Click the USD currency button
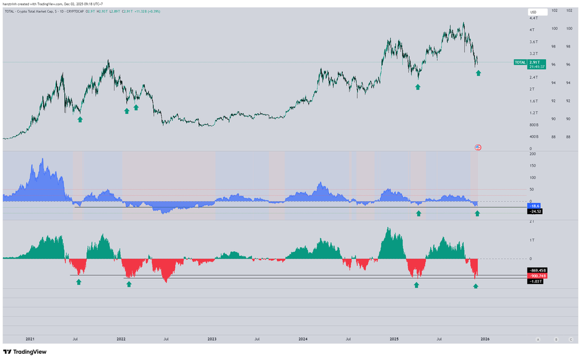533,12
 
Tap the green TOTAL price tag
520,62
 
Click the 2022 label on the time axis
121,340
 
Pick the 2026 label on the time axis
484,340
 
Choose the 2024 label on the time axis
303,340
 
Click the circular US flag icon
478,148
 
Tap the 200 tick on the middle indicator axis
532,153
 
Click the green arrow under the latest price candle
479,73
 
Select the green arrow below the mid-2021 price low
80,119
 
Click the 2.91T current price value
534,62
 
